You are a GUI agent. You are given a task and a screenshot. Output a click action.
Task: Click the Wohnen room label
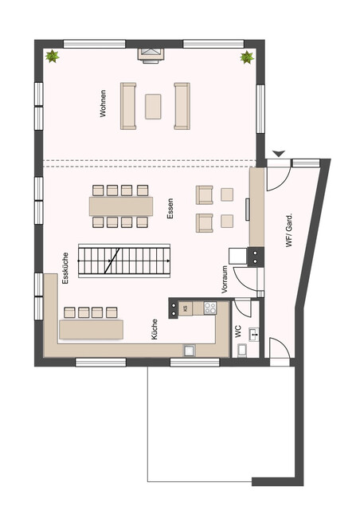tap(103, 109)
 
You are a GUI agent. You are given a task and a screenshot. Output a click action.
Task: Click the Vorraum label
tap(225, 281)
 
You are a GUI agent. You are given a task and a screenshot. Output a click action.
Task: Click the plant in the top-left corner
tap(53, 57)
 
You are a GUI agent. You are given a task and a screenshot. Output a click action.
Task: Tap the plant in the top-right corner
tap(247, 57)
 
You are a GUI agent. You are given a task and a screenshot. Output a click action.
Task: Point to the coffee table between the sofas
tap(153, 105)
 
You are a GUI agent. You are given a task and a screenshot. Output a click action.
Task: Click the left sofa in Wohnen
tap(127, 105)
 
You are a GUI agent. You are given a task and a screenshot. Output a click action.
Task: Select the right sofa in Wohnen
tap(182, 105)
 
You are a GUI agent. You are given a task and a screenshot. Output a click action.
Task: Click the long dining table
tap(120, 206)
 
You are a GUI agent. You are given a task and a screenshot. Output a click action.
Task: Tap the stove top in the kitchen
tap(210, 307)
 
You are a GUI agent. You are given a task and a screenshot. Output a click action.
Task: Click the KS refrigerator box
tap(185, 308)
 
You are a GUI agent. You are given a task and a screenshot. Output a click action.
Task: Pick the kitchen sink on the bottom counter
tap(190, 348)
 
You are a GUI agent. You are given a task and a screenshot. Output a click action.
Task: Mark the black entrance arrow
tap(278, 152)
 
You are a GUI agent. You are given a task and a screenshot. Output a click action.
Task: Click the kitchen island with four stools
tap(91, 328)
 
